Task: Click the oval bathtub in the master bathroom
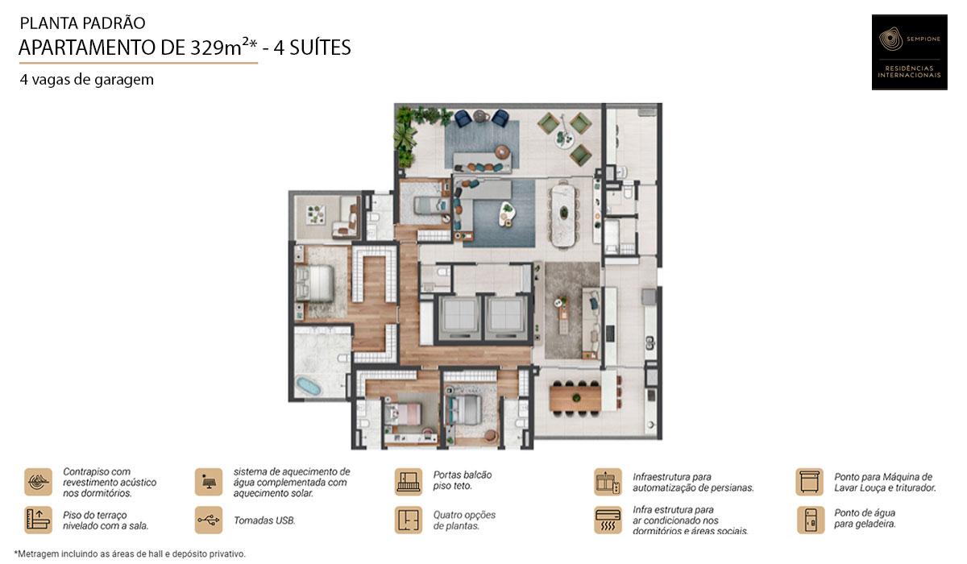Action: click(x=308, y=386)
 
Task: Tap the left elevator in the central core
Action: click(x=459, y=315)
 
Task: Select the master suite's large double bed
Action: click(x=315, y=284)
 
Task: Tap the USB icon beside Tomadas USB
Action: click(x=208, y=520)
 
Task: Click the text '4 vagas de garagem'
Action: click(x=87, y=80)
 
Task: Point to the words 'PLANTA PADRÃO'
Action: click(x=82, y=23)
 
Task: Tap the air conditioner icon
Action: click(x=608, y=520)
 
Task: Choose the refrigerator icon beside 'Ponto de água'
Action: click(x=810, y=520)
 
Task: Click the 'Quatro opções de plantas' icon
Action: click(x=409, y=520)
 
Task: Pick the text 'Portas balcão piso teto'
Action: click(x=462, y=481)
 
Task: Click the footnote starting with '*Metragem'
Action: click(x=130, y=554)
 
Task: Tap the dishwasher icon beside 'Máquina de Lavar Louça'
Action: click(x=810, y=482)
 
